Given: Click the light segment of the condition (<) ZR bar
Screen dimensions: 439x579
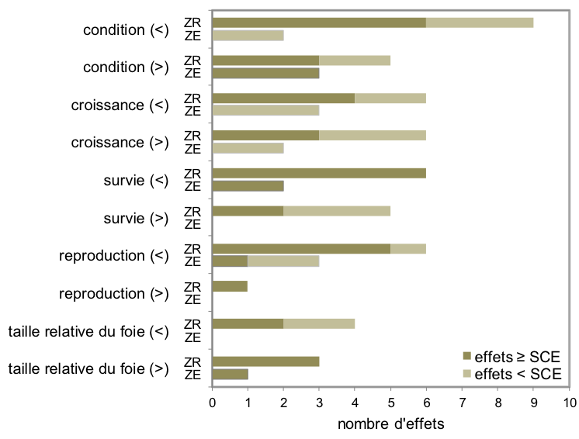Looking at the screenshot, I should pyautogui.click(x=480, y=22).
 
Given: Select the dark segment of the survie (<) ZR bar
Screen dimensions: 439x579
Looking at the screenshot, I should pyautogui.click(x=319, y=173).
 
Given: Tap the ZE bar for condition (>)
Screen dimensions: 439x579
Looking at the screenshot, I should pyautogui.click(x=265, y=73).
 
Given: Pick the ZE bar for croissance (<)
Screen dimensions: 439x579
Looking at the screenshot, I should pyautogui.click(x=265, y=110).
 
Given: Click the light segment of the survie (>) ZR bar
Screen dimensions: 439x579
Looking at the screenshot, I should pyautogui.click(x=337, y=211).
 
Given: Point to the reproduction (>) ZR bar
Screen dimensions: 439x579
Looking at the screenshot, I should pyautogui.click(x=230, y=286).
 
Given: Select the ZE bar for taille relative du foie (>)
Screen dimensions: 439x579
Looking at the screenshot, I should pyautogui.click(x=230, y=374).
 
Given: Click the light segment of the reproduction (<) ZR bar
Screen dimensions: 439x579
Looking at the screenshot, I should pyautogui.click(x=408, y=248).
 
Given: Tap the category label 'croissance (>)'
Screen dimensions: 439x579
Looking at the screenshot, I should pyautogui.click(x=120, y=143).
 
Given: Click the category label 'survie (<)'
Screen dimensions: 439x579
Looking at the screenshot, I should pyautogui.click(x=136, y=180).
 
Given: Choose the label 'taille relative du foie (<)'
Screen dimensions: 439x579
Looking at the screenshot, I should pyautogui.click(x=88, y=331).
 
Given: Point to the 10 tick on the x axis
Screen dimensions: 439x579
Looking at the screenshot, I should pyautogui.click(x=569, y=403).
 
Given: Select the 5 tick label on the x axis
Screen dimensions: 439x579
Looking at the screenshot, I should pyautogui.click(x=390, y=403).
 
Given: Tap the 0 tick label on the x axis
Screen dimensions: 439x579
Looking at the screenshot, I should pyautogui.click(x=212, y=403).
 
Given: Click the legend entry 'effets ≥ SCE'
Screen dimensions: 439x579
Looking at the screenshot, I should pyautogui.click(x=511, y=356).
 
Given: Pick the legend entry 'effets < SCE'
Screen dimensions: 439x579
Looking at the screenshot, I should pyautogui.click(x=511, y=373).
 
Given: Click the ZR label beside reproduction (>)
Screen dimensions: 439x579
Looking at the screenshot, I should pyautogui.click(x=192, y=286).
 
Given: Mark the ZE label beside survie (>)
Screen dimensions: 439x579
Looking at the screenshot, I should pyautogui.click(x=192, y=223).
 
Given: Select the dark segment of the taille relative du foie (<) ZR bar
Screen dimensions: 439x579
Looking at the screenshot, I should pyautogui.click(x=248, y=323).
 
